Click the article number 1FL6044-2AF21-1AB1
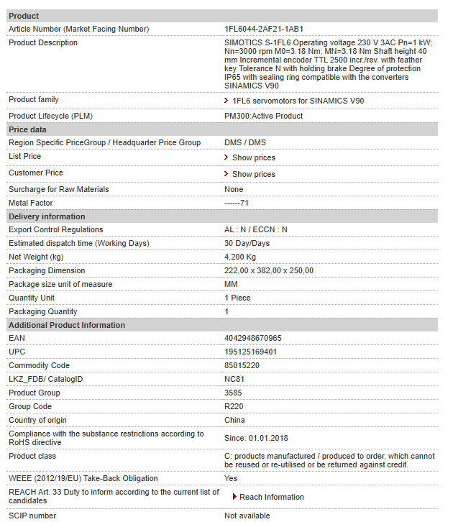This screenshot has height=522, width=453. pyautogui.click(x=264, y=29)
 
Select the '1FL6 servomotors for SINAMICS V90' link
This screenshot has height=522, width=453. pyautogui.click(x=298, y=101)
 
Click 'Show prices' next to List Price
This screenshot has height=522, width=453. pyautogui.click(x=253, y=157)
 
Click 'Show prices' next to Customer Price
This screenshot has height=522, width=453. pyautogui.click(x=253, y=174)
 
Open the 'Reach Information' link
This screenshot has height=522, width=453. pyautogui.click(x=271, y=497)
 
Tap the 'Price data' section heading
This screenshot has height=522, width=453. pyautogui.click(x=27, y=129)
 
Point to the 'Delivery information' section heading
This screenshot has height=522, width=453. pyautogui.click(x=47, y=216)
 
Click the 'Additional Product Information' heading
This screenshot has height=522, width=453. pyautogui.click(x=67, y=325)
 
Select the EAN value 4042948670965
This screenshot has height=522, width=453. pyautogui.click(x=253, y=338)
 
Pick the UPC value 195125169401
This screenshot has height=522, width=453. pyautogui.click(x=251, y=352)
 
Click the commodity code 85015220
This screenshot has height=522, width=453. pyautogui.click(x=242, y=365)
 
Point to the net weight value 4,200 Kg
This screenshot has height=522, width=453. pyautogui.click(x=240, y=257)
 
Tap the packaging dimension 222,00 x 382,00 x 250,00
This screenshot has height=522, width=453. pyautogui.click(x=269, y=270)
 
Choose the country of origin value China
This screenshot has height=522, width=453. pyautogui.click(x=234, y=420)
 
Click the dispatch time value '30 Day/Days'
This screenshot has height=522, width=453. pyautogui.click(x=247, y=243)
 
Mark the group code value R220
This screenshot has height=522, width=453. pyautogui.click(x=234, y=406)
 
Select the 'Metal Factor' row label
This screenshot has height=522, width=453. pyautogui.click(x=31, y=203)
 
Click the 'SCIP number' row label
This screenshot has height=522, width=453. pyautogui.click(x=32, y=516)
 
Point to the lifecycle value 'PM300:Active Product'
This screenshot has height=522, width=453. pyautogui.click(x=263, y=116)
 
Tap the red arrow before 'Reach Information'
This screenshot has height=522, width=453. pyautogui.click(x=234, y=497)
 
